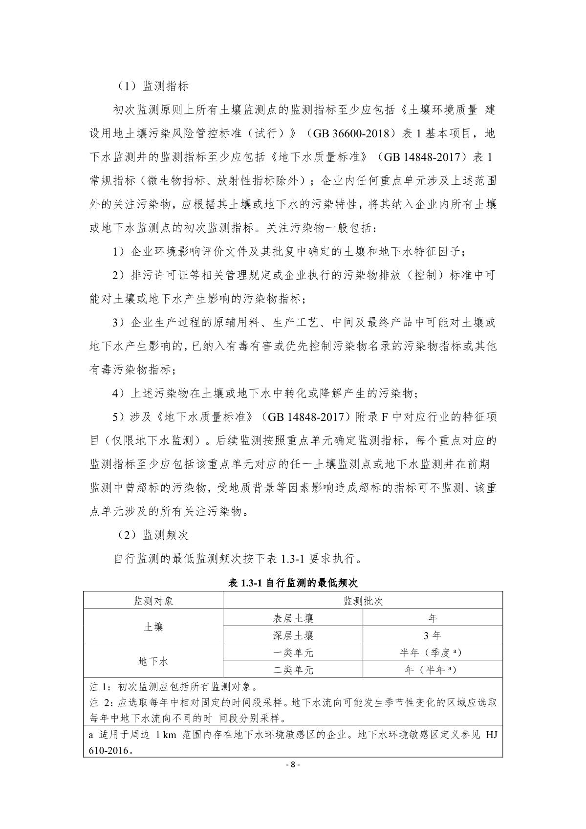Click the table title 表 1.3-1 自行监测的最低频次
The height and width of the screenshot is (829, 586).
293,583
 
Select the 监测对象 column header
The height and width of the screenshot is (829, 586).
153,601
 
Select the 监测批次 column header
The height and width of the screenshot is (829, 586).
363,601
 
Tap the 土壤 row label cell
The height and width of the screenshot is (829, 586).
153,627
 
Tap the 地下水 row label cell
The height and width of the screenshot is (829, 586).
153,661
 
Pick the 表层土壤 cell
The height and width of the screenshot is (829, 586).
293,618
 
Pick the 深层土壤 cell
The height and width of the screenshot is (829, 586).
293,635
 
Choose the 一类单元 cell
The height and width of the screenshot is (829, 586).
293,653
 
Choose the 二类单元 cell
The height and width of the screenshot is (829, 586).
293,670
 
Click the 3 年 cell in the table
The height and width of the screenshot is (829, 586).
433,635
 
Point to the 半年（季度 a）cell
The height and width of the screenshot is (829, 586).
433,653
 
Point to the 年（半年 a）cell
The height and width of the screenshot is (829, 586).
433,670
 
